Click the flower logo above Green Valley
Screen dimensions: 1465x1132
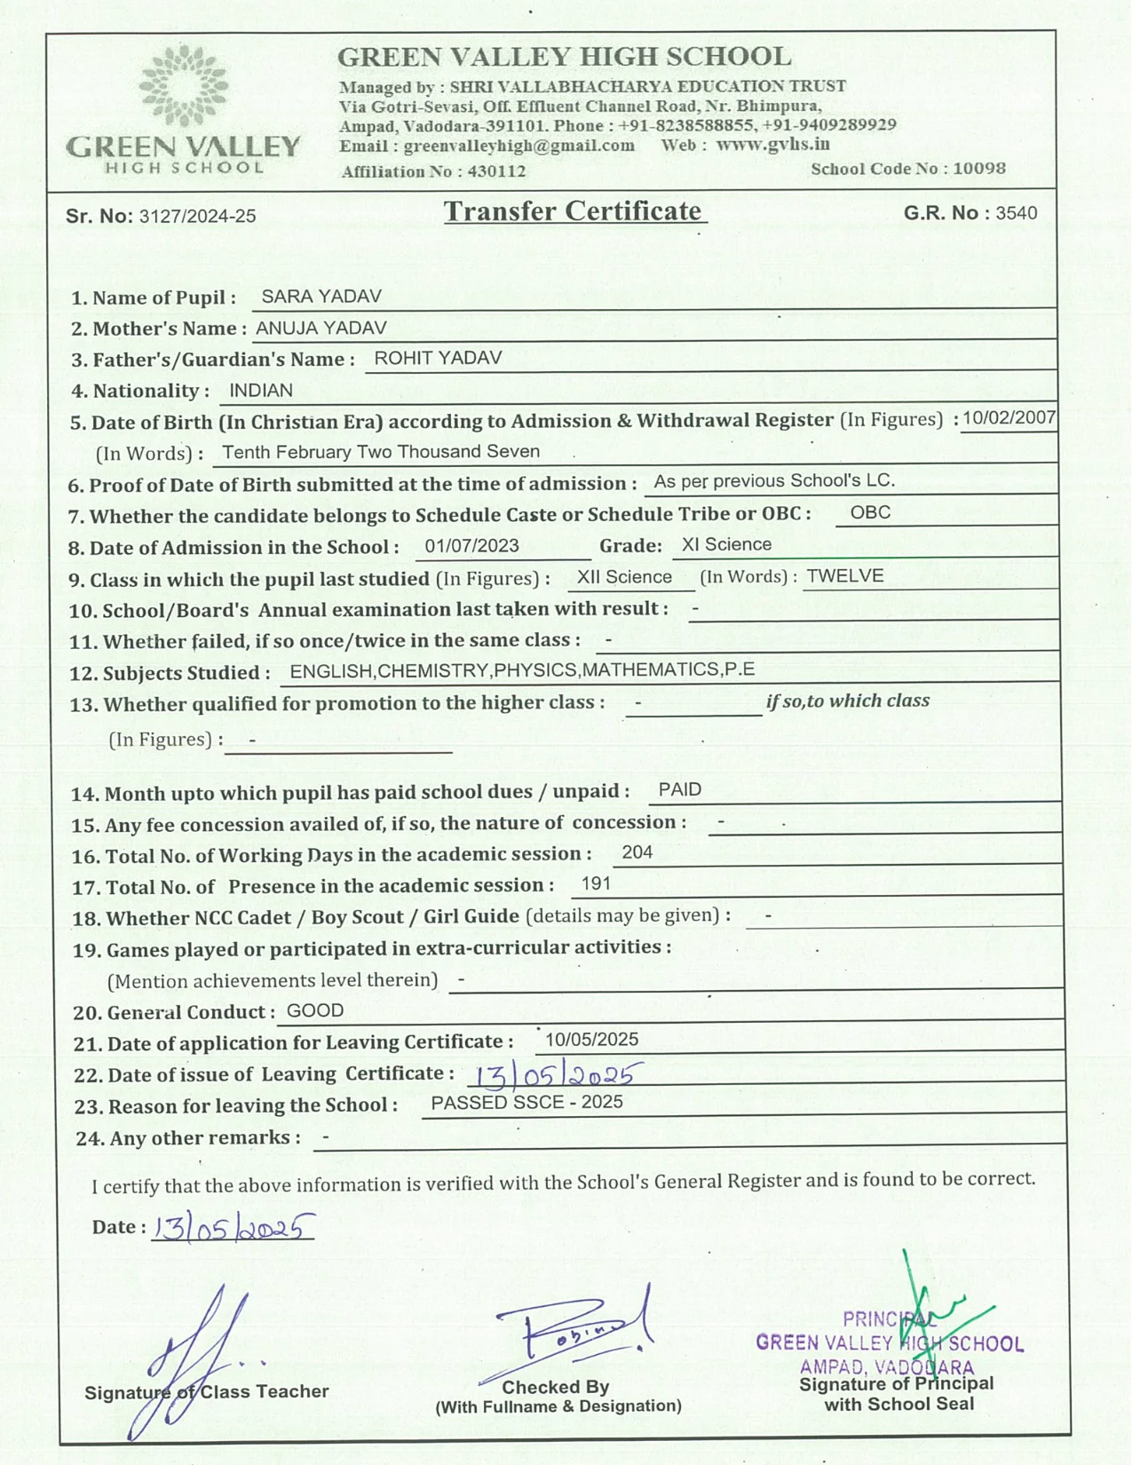click(184, 86)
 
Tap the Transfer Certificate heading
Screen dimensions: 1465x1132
click(574, 211)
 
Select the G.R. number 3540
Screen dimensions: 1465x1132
click(1016, 213)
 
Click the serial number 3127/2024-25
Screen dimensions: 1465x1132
click(197, 217)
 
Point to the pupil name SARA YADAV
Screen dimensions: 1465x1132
click(321, 297)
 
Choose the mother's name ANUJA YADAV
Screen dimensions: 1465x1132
click(321, 328)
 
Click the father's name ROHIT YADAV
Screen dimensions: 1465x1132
click(438, 358)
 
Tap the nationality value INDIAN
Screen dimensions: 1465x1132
click(261, 391)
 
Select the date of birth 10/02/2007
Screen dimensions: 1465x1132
click(1009, 418)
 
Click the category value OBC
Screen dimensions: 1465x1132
click(870, 512)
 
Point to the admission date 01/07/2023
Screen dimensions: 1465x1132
click(471, 546)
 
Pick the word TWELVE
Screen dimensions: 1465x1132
click(844, 576)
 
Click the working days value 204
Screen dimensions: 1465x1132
click(637, 852)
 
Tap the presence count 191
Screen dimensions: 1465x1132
click(596, 883)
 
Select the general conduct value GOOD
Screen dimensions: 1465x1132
click(315, 1010)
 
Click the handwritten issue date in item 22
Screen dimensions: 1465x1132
click(554, 1075)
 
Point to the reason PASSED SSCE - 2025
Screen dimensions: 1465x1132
click(526, 1102)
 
